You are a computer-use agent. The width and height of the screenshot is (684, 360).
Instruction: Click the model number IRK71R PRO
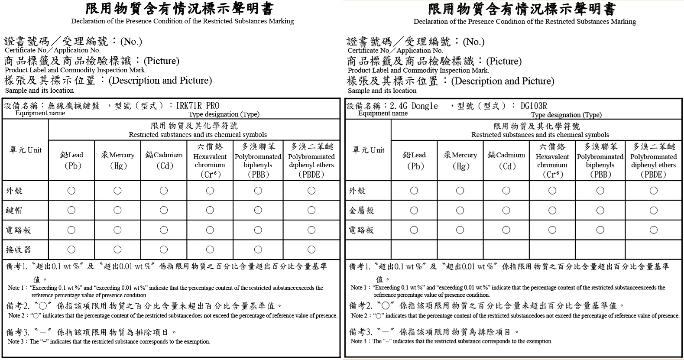tap(198, 106)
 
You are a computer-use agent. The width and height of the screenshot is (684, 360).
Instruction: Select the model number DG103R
tap(534, 106)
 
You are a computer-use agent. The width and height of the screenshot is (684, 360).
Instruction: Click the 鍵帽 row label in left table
tap(14, 210)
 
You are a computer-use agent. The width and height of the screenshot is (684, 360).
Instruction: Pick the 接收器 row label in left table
tap(18, 250)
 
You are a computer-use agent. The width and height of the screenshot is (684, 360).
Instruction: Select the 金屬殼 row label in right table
tap(361, 211)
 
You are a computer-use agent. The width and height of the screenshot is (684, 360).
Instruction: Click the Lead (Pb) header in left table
tap(71, 160)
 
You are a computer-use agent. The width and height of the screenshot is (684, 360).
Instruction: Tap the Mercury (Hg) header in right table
tap(460, 160)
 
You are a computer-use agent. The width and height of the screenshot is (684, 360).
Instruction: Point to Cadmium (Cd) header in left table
tap(164, 160)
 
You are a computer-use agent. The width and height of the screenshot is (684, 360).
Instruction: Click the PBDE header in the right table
tap(653, 160)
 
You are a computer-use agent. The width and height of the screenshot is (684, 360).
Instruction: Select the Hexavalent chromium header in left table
tap(210, 160)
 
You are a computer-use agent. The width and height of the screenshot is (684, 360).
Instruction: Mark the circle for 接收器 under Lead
tap(71, 249)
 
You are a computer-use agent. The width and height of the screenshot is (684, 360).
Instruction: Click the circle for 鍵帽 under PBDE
tap(311, 210)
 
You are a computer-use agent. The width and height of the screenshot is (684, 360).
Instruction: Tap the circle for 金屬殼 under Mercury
tap(460, 211)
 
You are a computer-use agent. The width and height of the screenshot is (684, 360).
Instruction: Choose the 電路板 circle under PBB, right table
tap(600, 230)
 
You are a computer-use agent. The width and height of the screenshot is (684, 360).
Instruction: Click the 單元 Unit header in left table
tap(26, 150)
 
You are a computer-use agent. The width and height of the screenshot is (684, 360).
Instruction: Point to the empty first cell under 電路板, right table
tap(368, 250)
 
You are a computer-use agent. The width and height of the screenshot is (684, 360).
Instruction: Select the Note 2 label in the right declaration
tap(360, 316)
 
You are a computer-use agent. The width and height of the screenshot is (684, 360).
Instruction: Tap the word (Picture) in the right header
tap(504, 61)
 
